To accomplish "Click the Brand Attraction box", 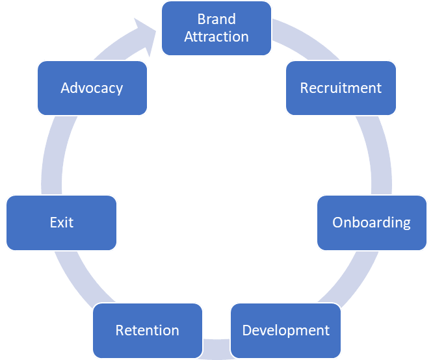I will click(216, 28).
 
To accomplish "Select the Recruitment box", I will click(341, 88).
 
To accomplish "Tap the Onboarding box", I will click(371, 222).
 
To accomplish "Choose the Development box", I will click(285, 330).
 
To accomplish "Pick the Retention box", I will click(147, 330).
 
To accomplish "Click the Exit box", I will click(62, 222).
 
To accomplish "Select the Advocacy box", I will click(92, 88).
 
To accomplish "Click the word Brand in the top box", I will click(216, 19).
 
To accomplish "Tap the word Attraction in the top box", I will click(216, 36).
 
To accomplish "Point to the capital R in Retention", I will click(120, 330).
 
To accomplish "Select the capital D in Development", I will click(247, 330).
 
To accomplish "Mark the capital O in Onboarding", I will click(338, 222).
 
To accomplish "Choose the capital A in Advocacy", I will click(65, 88).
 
